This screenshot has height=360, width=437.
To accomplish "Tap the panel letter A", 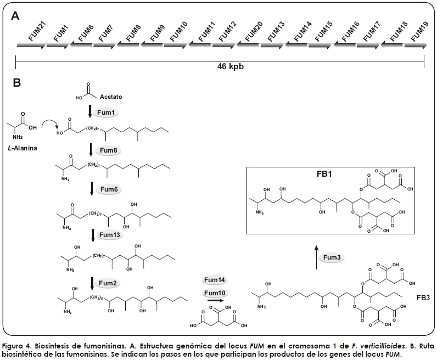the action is [16, 16].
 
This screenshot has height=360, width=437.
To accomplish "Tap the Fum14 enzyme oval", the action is [215, 280].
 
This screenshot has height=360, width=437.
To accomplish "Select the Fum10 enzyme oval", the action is [215, 293].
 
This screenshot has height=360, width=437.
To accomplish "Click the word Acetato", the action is [111, 97].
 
